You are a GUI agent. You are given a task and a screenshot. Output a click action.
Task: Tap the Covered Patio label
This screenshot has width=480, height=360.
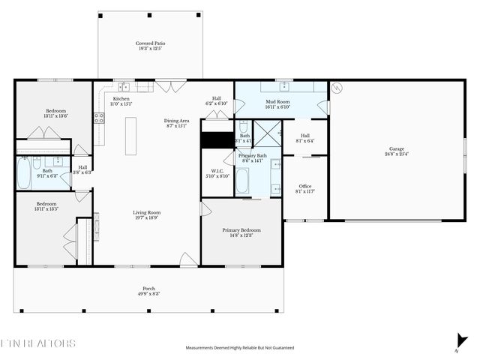tap(150, 43)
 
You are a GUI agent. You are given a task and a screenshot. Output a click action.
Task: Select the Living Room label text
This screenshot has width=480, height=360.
tap(147, 212)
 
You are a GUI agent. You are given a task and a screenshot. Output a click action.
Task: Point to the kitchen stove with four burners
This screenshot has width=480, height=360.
tap(97, 118)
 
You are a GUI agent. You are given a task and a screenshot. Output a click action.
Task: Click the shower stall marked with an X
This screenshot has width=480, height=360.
tap(265, 134)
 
